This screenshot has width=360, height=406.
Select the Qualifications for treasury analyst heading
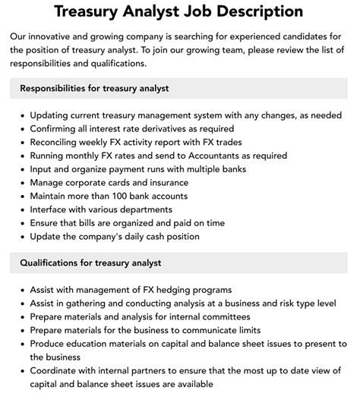(x=90, y=263)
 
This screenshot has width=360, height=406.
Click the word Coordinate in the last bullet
(x=56, y=371)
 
